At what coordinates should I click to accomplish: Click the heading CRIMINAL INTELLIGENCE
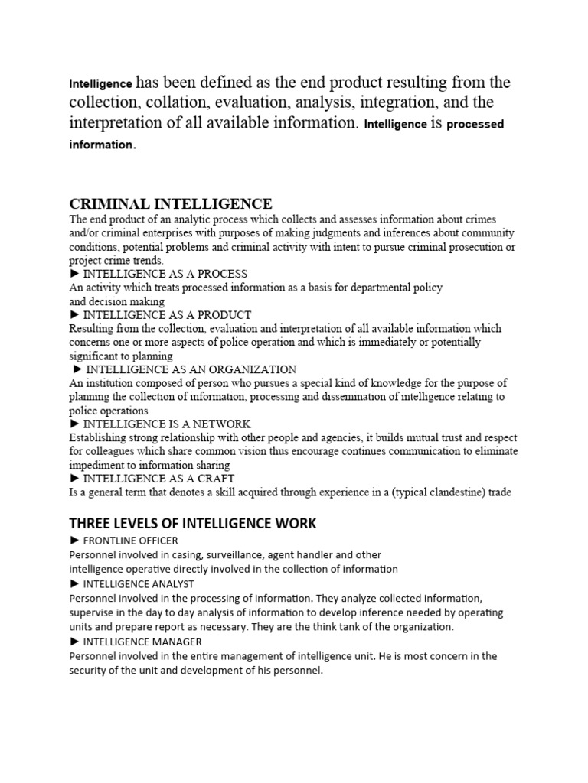tap(171, 203)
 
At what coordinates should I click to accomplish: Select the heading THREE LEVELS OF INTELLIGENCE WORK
tap(193, 524)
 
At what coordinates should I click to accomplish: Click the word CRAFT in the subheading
tap(216, 479)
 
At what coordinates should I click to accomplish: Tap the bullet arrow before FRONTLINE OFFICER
tap(74, 541)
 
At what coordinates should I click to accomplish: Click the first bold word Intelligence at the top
tap(100, 83)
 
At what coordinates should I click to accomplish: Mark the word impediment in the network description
tap(97, 465)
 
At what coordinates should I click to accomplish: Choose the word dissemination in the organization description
tap(332, 396)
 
